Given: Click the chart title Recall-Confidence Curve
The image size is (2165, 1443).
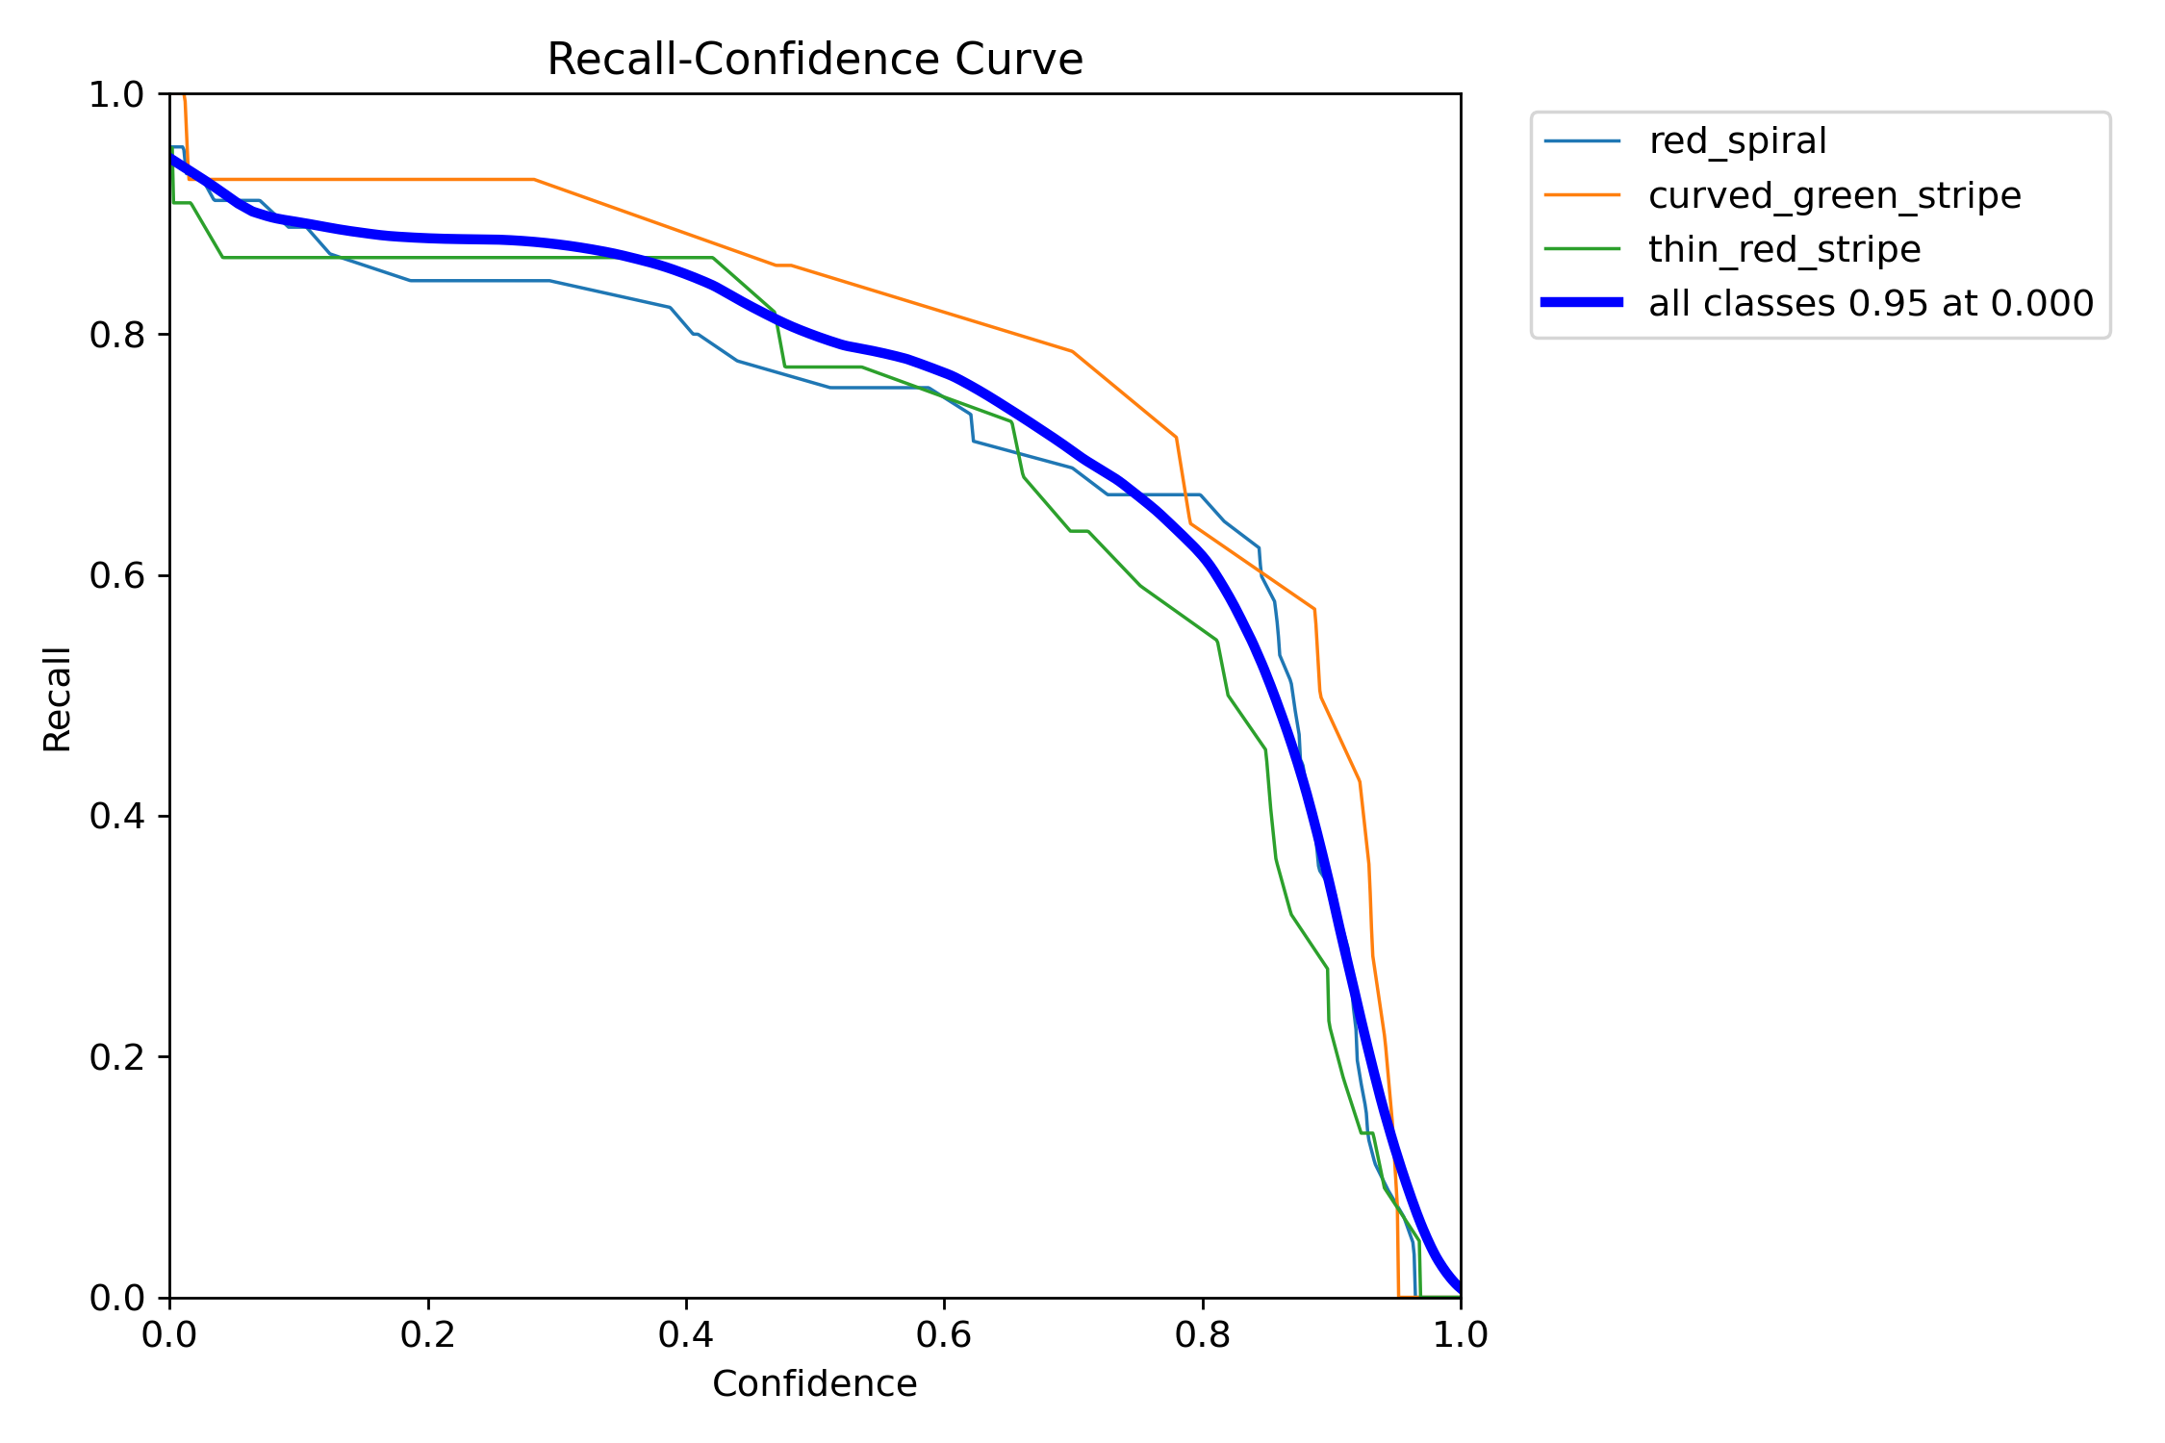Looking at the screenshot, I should click(x=814, y=60).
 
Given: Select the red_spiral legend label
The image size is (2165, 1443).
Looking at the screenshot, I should click(x=1737, y=141).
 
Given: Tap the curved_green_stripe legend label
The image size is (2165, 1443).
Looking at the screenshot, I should click(x=1834, y=195).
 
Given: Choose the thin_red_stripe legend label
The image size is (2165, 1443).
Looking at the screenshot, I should click(x=1784, y=249).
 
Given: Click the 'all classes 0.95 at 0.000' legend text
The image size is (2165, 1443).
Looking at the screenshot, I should click(x=1871, y=303).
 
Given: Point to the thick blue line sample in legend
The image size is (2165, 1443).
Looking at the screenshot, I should click(x=1582, y=303).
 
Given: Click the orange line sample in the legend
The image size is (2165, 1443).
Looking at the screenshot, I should click(x=1582, y=195).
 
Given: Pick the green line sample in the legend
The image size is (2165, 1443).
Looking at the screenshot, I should click(x=1582, y=249).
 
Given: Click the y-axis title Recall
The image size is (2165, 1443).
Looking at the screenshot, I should click(x=58, y=698).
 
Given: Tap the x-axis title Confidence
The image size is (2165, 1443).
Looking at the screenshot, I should click(x=814, y=1384).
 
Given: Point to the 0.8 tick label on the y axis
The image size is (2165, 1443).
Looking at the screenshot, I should click(x=115, y=335).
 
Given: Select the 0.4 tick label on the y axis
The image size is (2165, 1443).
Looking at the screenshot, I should click(x=115, y=817).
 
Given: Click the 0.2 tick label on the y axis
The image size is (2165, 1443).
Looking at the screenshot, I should click(x=115, y=1057).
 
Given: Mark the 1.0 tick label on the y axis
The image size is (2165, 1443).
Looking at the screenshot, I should click(x=115, y=95).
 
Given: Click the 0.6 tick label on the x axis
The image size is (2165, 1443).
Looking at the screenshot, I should click(x=944, y=1335).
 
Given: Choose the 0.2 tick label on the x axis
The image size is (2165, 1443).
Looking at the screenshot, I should click(x=428, y=1335).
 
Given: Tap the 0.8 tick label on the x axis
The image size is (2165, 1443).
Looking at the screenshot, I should click(x=1202, y=1335).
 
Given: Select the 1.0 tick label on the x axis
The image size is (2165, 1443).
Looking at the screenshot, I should click(x=1460, y=1335).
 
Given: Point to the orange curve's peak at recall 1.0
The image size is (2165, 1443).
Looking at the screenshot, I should click(x=184, y=96).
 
